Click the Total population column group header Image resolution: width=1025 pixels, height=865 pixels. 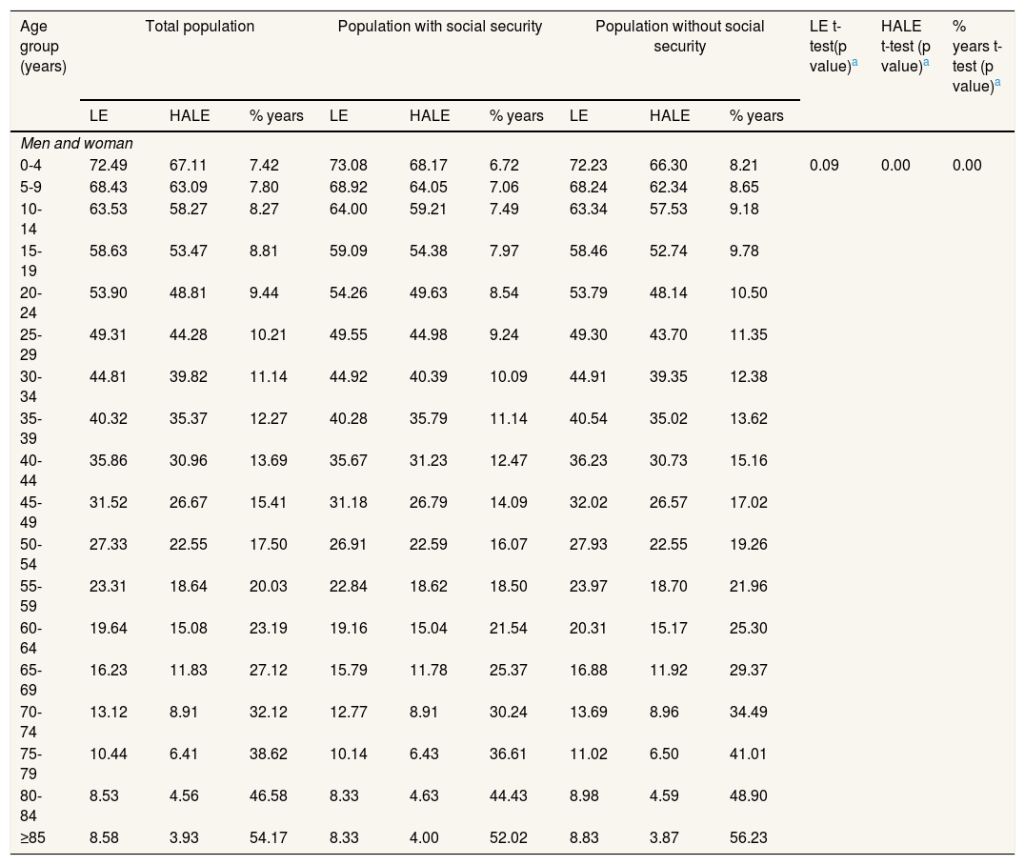[199, 26]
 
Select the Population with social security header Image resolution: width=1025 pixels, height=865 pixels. [440, 26]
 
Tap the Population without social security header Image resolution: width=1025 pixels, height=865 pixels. [680, 36]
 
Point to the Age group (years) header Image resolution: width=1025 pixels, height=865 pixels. [43, 46]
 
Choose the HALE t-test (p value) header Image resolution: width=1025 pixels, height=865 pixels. [905, 46]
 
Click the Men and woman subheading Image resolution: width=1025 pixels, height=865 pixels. [76, 143]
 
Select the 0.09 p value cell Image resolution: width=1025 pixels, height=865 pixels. [824, 165]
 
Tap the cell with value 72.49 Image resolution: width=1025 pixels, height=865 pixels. [109, 165]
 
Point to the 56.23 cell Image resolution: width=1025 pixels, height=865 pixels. [749, 837]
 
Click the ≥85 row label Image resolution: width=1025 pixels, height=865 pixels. [32, 837]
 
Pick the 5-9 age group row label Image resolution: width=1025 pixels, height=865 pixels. [30, 187]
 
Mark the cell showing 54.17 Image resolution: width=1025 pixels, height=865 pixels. [268, 837]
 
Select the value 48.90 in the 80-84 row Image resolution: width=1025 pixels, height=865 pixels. [749, 795]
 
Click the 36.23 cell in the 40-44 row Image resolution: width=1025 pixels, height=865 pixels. [589, 460]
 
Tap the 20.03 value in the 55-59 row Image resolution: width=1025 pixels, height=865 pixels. [268, 586]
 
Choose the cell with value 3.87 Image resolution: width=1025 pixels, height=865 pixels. [664, 837]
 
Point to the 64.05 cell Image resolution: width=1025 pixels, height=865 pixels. [429, 187]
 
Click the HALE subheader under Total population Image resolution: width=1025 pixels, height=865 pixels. [190, 115]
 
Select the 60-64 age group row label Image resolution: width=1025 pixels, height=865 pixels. [30, 638]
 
